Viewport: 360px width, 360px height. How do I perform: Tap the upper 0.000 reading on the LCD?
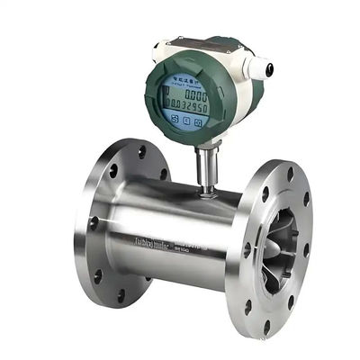pyautogui.click(x=190, y=91)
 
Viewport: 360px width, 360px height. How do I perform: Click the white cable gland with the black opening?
pyautogui.click(x=265, y=67)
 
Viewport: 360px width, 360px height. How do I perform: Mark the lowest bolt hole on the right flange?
pyautogui.click(x=266, y=325)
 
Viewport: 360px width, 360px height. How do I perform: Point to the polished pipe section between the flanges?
pyautogui.click(x=180, y=216)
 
